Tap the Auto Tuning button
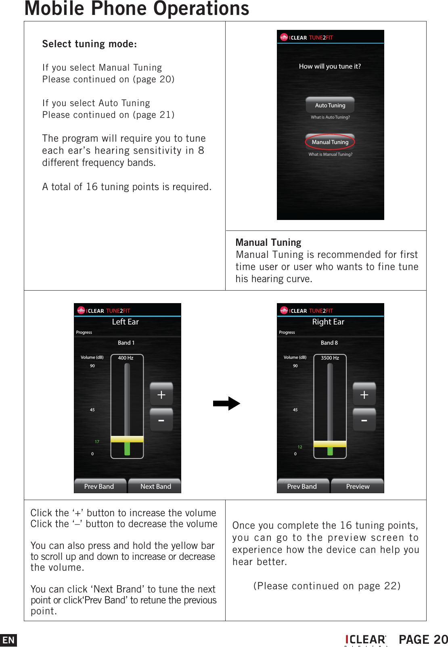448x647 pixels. pos(330,105)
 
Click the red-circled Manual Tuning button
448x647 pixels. pos(330,142)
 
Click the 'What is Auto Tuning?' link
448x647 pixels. pos(330,117)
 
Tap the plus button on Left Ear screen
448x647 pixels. pos(161,394)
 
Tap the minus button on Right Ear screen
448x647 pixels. pos(364,421)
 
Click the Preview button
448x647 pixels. pos(358,486)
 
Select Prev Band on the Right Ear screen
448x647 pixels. pos(302,486)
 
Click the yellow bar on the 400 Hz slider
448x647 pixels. pos(127,439)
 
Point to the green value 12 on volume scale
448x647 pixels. pos(300,447)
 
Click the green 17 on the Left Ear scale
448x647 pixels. pos(97,442)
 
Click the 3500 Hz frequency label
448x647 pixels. pos(330,358)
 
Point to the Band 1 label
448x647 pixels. pos(126,343)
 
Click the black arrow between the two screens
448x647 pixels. pos(226,403)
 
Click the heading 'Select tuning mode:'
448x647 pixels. pos(90,44)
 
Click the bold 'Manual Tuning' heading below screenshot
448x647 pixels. pos(268,243)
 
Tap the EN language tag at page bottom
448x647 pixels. pos(8,640)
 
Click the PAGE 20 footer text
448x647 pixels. pos(423,640)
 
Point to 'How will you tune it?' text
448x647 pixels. pos(330,66)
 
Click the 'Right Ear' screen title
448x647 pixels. pos(328,322)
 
